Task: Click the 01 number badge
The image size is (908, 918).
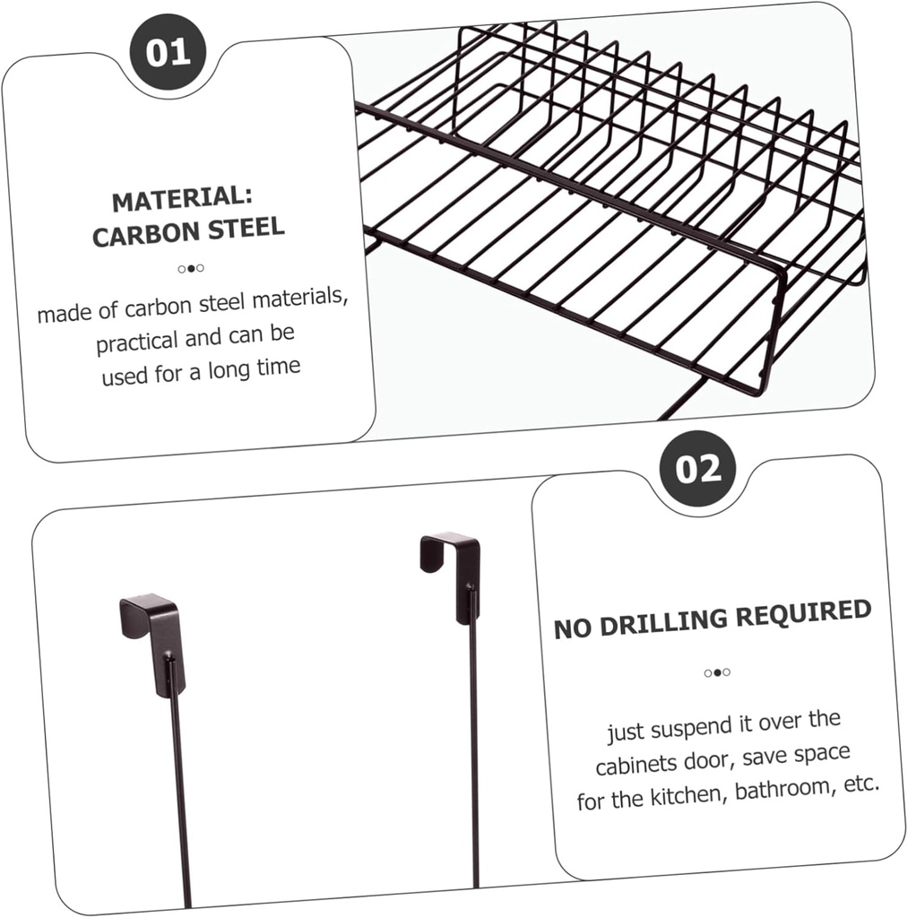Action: pos(168,51)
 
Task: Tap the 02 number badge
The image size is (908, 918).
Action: pos(697,469)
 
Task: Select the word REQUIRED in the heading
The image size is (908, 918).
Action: pos(801,612)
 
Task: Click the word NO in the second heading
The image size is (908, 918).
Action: pos(571,628)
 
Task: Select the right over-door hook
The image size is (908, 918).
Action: pos(452,574)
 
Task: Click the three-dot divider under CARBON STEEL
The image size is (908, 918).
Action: pos(190,268)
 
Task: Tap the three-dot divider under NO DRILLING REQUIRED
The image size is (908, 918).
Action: pos(716,672)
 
